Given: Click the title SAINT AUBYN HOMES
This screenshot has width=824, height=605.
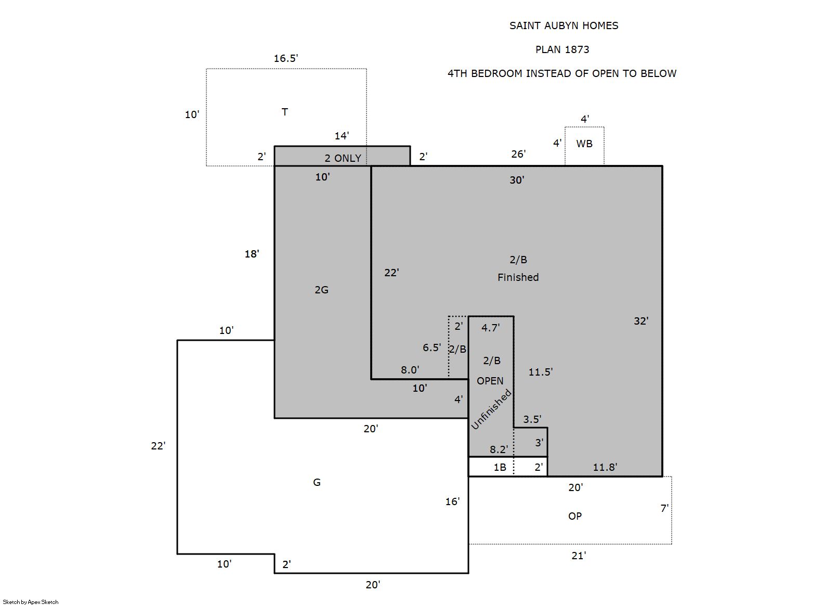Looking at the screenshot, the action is click(564, 26).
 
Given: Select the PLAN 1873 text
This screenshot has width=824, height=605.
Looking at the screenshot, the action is click(562, 50).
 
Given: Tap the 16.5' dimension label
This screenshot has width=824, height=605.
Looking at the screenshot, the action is click(286, 58).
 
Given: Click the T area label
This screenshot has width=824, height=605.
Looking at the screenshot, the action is click(285, 112).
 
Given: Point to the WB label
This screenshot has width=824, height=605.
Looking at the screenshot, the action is click(584, 144).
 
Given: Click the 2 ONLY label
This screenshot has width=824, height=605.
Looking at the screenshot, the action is click(343, 158).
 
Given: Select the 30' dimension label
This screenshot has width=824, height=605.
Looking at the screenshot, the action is click(517, 180).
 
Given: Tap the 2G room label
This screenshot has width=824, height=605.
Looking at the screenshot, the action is click(321, 290).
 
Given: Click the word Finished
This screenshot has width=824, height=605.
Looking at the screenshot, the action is click(518, 277).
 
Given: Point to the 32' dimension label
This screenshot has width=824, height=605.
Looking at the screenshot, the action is click(641, 321).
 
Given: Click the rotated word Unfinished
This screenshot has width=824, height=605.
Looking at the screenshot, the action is click(491, 409).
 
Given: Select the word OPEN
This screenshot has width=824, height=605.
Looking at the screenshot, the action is click(490, 381).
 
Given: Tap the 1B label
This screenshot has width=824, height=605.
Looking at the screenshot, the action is click(500, 467).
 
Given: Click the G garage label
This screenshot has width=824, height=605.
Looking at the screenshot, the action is click(317, 482).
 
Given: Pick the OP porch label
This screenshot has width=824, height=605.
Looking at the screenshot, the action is click(575, 517).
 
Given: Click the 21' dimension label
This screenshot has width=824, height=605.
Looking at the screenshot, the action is click(579, 556).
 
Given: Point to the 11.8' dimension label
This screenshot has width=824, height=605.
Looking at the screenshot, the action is click(605, 467).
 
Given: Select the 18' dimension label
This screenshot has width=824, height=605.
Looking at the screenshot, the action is click(252, 254).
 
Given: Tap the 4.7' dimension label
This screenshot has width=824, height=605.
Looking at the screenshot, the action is click(490, 328).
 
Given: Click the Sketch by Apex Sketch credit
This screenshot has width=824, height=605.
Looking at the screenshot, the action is click(31, 602).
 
